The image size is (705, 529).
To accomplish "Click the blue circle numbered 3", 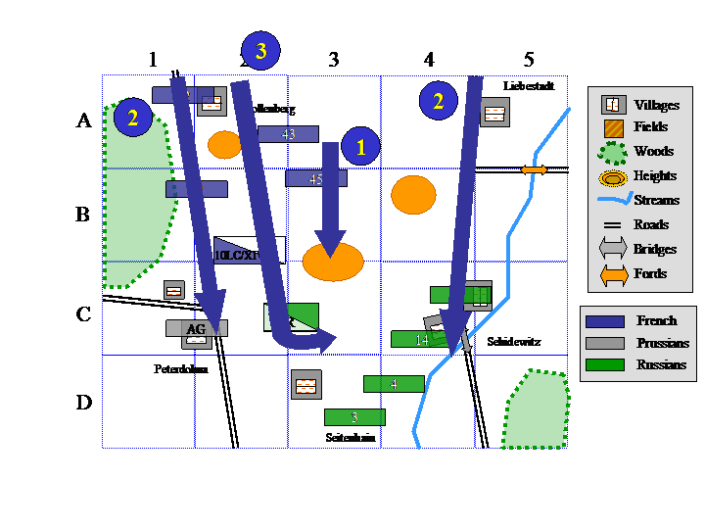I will [260, 51].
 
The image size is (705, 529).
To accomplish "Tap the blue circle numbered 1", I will [360, 147].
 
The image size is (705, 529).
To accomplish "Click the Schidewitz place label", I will [513, 342].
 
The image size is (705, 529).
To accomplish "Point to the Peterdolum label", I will [181, 369].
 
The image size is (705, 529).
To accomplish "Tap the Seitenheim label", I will [351, 438].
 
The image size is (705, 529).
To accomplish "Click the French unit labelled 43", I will [288, 134].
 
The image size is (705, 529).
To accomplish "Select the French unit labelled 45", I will [315, 178].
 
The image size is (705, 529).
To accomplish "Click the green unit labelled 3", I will [354, 416].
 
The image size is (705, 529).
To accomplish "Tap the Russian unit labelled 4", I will [394, 383].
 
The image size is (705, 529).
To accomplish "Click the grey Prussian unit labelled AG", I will [196, 328].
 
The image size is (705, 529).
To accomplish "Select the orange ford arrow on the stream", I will [534, 169].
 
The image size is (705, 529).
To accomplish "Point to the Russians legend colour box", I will [603, 364].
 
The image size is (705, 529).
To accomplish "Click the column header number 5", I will [529, 60].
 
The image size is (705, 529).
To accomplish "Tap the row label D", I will [84, 403].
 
